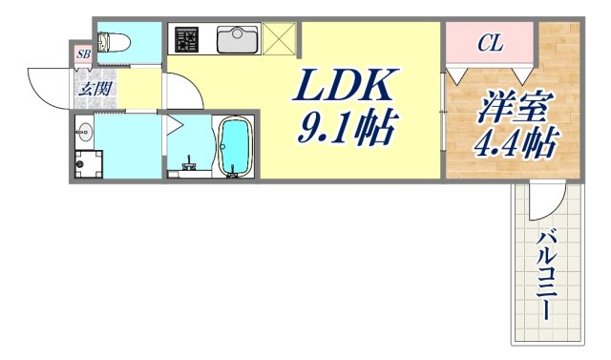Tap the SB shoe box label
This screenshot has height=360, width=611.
coord(83,54)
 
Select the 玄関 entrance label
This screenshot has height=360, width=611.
coord(93,89)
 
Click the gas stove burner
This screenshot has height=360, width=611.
coord(185,39)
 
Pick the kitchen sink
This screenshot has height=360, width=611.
coord(235,39)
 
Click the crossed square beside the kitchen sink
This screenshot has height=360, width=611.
coord(281,39)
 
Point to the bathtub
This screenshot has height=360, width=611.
coord(234,147)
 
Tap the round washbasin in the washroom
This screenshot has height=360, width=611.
coord(82,133)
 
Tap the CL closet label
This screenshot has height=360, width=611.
coord(490,42)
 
